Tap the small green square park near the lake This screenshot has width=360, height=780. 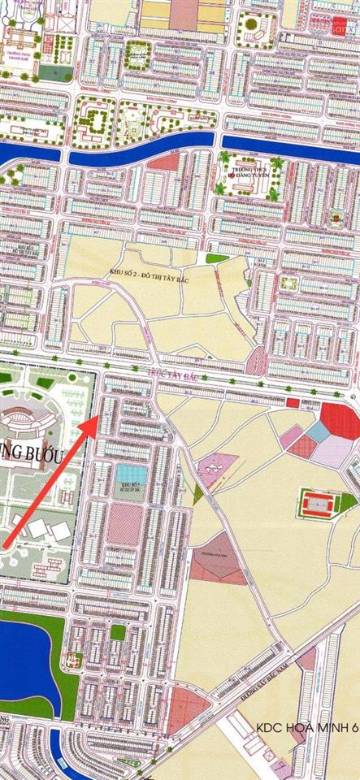[119, 631]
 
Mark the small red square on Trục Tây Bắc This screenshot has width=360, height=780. [293, 402]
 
